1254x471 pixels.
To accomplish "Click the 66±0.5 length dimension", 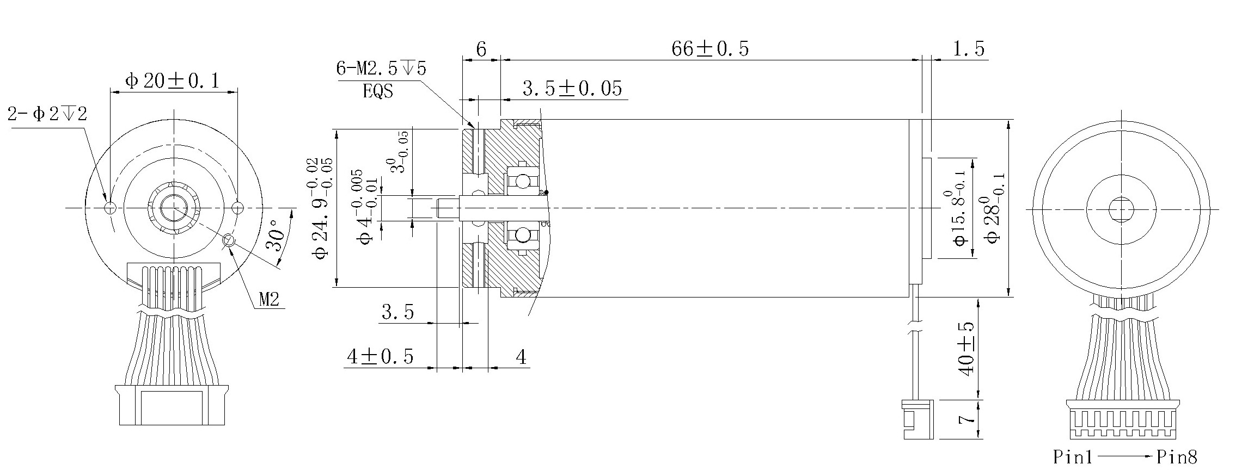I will pos(709,49).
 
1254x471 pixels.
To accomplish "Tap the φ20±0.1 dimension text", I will pos(172,82).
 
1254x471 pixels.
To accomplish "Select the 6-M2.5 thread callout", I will pos(381,69).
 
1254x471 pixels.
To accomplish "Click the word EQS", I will pos(377,91).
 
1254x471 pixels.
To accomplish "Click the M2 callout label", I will pos(269,299).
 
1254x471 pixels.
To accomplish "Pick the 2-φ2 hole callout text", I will pos(47,114).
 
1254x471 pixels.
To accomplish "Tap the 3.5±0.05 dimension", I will pos(572,89).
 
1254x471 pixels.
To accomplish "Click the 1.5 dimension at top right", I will pos(969,49).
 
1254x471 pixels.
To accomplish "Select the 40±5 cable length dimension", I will pos(967,349).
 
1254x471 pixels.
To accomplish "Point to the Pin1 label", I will pos(1072,457).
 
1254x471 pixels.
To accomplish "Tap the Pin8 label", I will pos(1177,457).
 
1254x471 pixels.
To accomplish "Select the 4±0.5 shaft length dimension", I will pos(380,357).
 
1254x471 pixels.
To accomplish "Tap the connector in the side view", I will pos(918,419).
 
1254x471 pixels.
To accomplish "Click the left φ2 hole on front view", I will pos(110,208).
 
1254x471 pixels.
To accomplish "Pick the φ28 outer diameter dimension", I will pos(992,208).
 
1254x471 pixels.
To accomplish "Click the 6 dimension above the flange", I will pos(481,49).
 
